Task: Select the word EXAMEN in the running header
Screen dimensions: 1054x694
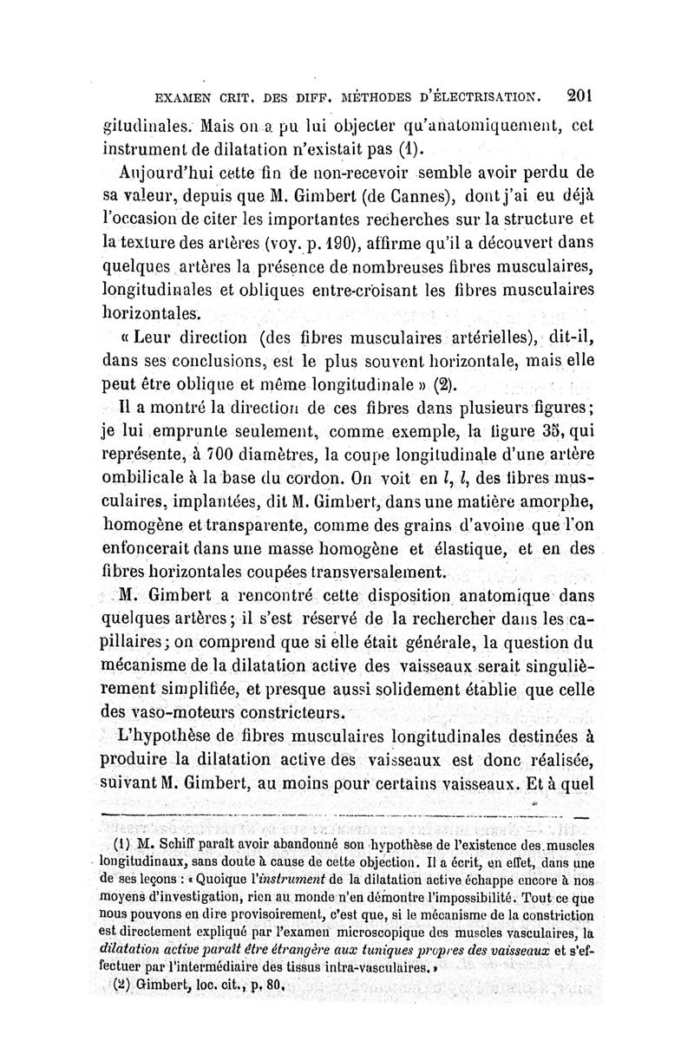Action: click(180, 96)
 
